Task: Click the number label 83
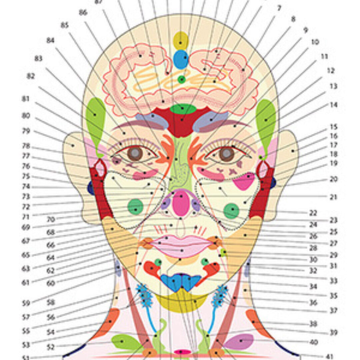pos(38,58)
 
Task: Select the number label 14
pos(333,105)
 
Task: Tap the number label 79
pos(26,131)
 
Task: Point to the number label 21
pos(333,197)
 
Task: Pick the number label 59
pos(26,303)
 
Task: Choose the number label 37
pos(333,311)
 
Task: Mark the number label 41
pos(333,356)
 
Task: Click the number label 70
pos(51,219)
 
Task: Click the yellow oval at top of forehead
pos(181,41)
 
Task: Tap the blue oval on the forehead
pos(181,59)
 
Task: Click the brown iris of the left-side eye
pos(135,154)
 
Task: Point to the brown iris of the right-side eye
pos(227,154)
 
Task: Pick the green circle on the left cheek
pos(135,207)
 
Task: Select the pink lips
pos(181,246)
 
